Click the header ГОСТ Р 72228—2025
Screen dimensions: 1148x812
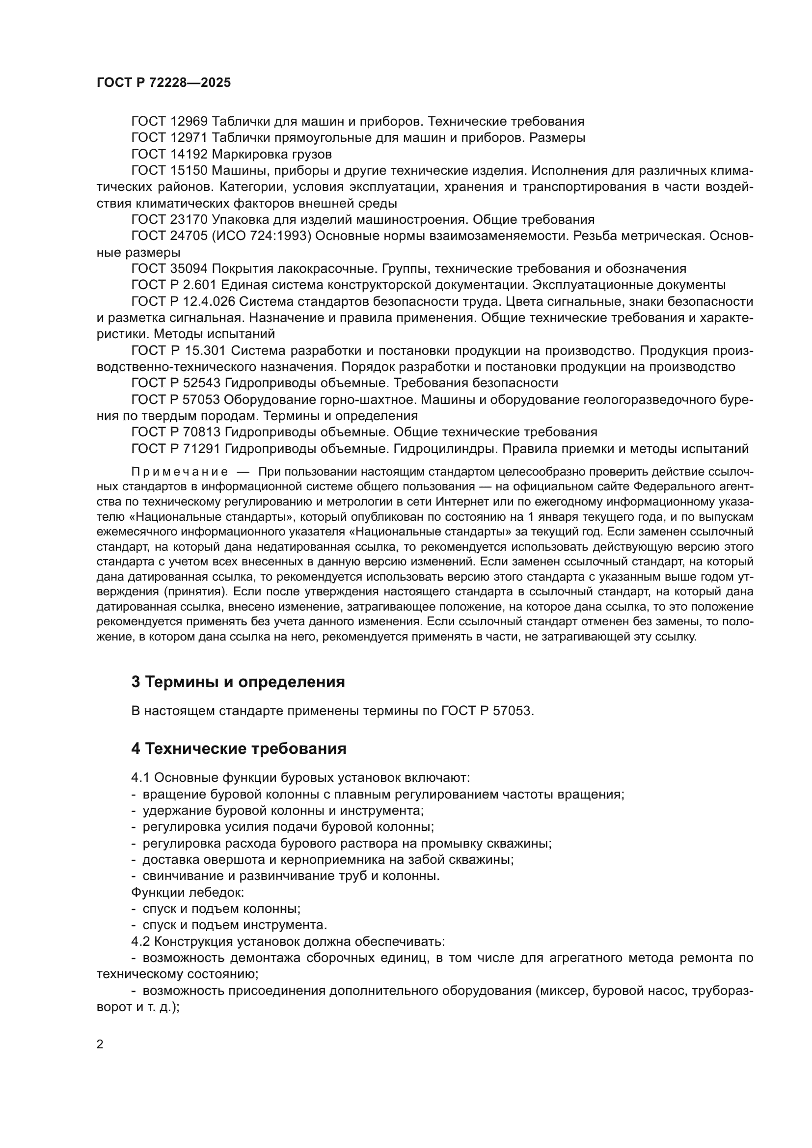pyautogui.click(x=163, y=83)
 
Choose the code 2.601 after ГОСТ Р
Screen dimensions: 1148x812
pyautogui.click(x=201, y=285)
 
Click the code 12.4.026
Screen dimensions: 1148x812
pyautogui.click(x=209, y=301)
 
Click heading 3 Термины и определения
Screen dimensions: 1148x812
pyautogui.click(x=238, y=682)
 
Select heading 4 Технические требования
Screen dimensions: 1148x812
pyautogui.click(x=239, y=748)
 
